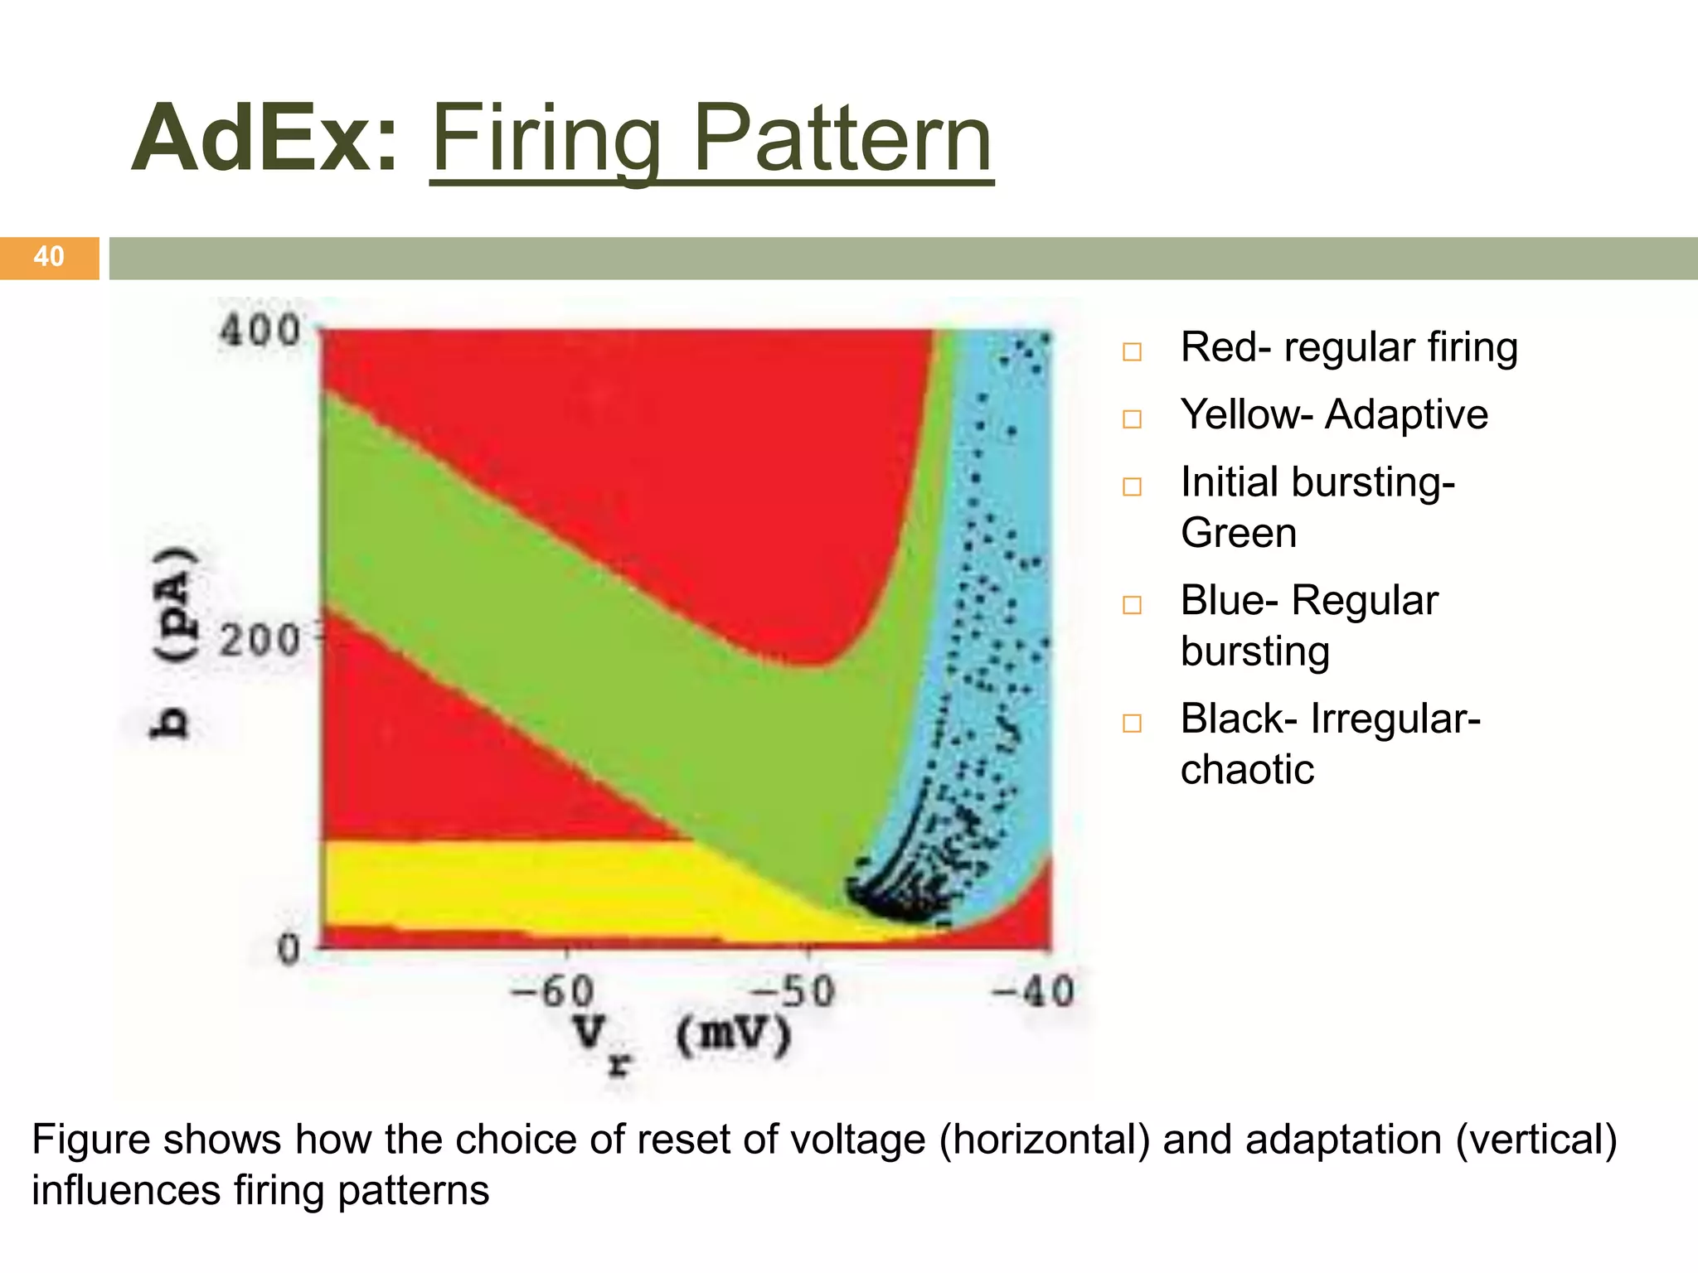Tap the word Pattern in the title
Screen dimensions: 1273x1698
tap(842, 139)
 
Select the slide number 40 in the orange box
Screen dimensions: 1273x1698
tap(49, 257)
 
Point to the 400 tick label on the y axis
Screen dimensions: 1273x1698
tap(260, 332)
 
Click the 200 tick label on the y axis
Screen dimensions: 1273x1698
tap(260, 641)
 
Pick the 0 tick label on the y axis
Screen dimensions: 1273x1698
tap(288, 949)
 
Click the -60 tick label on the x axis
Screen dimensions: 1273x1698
tap(552, 991)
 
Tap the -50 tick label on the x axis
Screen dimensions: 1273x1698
tap(792, 991)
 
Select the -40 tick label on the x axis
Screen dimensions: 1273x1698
tap(1033, 991)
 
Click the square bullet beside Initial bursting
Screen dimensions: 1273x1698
tap(1132, 486)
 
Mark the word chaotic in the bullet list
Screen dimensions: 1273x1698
tap(1247, 770)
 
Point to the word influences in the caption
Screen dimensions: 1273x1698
tap(125, 1190)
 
